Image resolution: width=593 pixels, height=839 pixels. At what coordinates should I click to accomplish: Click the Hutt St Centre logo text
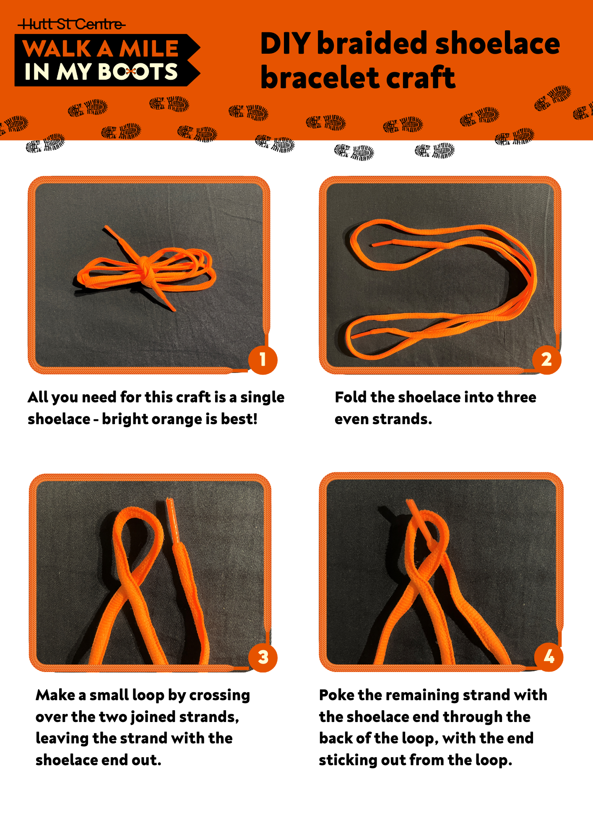71,24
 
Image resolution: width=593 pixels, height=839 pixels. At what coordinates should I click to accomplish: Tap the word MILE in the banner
149,49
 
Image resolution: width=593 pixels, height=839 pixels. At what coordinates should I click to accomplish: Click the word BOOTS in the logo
138,71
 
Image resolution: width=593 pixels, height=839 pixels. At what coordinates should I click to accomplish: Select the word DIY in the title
285,43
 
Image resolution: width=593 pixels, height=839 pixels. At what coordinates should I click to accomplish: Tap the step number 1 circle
263,360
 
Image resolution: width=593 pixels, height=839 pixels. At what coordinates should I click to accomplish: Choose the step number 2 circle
546,360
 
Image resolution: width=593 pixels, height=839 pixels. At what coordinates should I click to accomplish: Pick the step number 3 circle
263,657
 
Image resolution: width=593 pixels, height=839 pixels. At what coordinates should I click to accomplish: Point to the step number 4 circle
549,657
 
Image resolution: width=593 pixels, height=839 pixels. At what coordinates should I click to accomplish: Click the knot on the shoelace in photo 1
143,267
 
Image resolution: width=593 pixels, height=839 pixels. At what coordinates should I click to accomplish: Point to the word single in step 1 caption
263,398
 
